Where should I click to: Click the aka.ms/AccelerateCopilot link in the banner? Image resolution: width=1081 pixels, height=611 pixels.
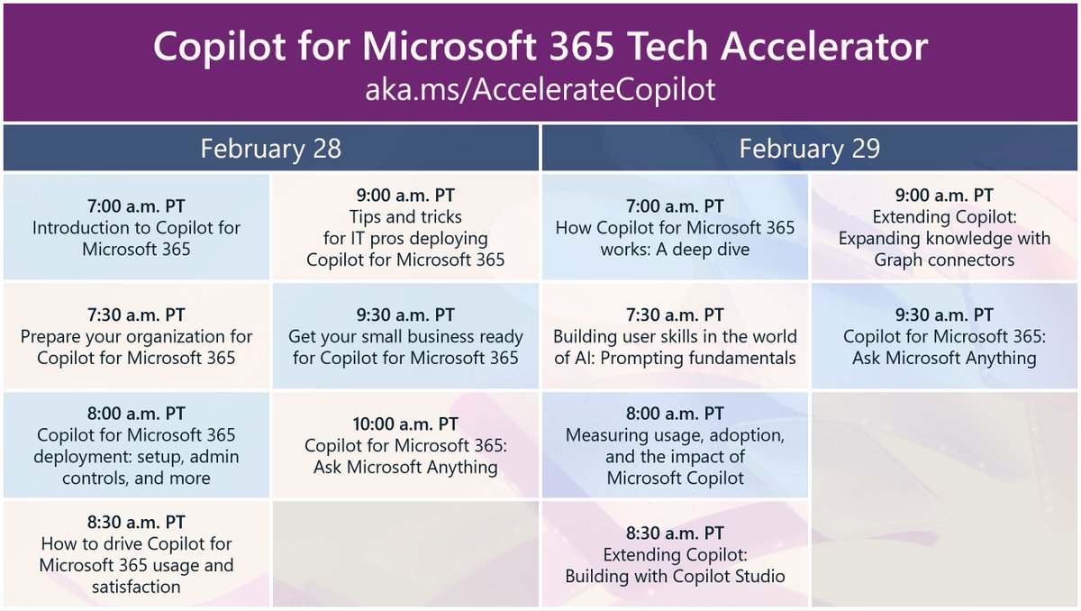tap(540, 91)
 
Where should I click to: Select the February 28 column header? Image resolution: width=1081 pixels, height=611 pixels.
tap(271, 149)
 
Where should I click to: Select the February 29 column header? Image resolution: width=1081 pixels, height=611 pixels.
tap(809, 149)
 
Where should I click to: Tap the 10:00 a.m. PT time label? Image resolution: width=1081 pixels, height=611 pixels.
tap(405, 424)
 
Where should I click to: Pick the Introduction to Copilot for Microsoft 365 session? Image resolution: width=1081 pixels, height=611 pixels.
tap(136, 227)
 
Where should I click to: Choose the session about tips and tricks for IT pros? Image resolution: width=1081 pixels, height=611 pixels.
tap(405, 227)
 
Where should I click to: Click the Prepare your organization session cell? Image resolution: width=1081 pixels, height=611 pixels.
tap(136, 336)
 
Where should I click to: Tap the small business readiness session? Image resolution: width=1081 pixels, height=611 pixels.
tap(405, 336)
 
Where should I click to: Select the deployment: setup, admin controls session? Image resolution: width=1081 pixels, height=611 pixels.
tap(136, 445)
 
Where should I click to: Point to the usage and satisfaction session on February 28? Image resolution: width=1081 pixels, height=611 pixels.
tap(136, 554)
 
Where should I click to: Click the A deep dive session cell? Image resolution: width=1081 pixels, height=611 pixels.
tap(675, 227)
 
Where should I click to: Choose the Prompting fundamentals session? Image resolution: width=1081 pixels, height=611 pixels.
tap(675, 336)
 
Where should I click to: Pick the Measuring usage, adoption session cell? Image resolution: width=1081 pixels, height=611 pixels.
tap(675, 445)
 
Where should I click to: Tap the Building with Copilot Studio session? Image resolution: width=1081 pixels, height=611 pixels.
tap(675, 554)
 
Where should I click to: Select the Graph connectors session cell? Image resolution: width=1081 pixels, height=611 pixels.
tap(944, 227)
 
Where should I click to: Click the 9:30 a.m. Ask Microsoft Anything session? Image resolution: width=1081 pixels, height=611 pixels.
tap(944, 336)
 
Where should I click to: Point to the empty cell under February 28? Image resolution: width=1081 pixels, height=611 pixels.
tap(405, 554)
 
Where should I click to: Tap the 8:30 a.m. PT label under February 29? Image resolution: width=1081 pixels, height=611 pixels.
tap(675, 533)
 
